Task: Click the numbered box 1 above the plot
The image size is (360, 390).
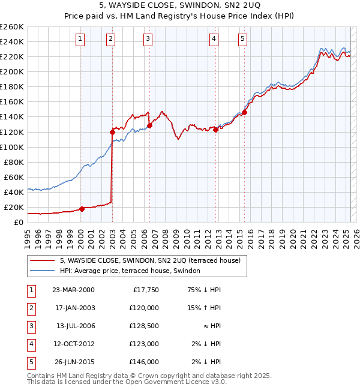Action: pos(80,40)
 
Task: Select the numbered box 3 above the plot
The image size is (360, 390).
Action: pos(148,40)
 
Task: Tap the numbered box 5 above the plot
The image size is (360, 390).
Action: pos(242,40)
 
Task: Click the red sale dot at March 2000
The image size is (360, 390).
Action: pos(82,209)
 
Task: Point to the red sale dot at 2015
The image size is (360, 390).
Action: pos(245,112)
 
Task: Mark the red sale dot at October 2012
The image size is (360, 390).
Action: pos(215,130)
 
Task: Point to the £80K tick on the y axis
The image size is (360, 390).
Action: pos(14,162)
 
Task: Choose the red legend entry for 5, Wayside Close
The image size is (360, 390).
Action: pos(150,260)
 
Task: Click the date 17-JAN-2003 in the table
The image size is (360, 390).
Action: pos(74,308)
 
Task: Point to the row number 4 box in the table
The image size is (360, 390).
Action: pos(30,344)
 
